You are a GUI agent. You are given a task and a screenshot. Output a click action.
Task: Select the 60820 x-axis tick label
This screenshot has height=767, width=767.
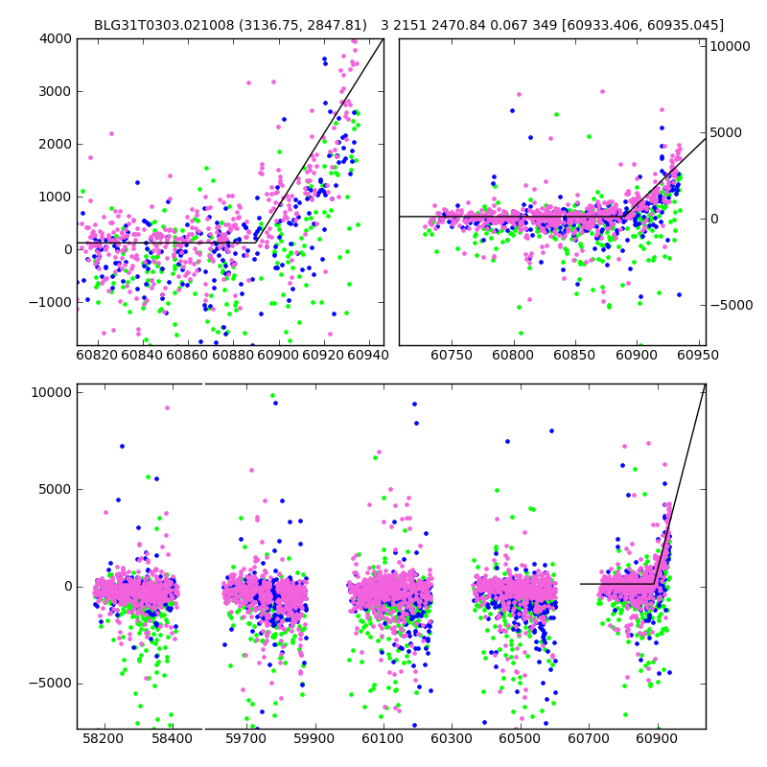(x=97, y=356)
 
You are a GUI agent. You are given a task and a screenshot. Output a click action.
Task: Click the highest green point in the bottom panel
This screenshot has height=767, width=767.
(x=272, y=395)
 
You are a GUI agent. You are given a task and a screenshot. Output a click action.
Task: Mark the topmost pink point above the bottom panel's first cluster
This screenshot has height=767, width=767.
(x=167, y=407)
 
